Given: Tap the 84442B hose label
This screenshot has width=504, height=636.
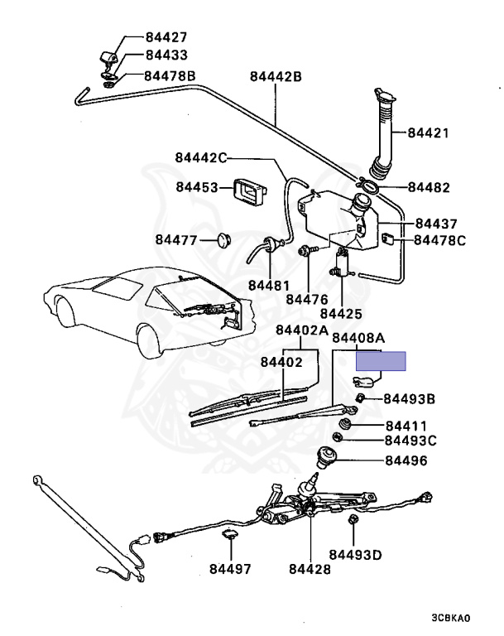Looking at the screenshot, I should pyautogui.click(x=276, y=77).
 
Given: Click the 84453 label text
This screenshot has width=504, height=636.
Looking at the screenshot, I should pyautogui.click(x=196, y=187).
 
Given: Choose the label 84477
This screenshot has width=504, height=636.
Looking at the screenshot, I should pyautogui.click(x=175, y=240).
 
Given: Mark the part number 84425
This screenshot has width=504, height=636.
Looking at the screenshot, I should pyautogui.click(x=341, y=314).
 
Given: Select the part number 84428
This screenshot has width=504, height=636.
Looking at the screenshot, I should pyautogui.click(x=310, y=569).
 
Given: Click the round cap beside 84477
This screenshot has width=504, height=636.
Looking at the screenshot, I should pyautogui.click(x=222, y=240).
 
